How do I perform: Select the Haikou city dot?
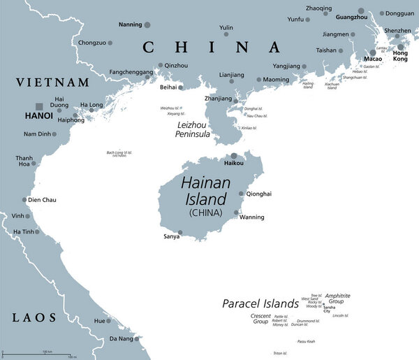(x=233, y=156)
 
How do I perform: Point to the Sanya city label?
(x=170, y=237)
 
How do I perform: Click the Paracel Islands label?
(x=260, y=304)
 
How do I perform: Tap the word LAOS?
(x=34, y=318)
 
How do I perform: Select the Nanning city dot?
(x=147, y=25)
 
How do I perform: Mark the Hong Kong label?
(x=400, y=57)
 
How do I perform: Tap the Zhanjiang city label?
(x=216, y=99)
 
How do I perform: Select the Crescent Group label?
(x=260, y=319)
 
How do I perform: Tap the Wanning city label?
(x=251, y=217)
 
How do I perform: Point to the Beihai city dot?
(x=180, y=88)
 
